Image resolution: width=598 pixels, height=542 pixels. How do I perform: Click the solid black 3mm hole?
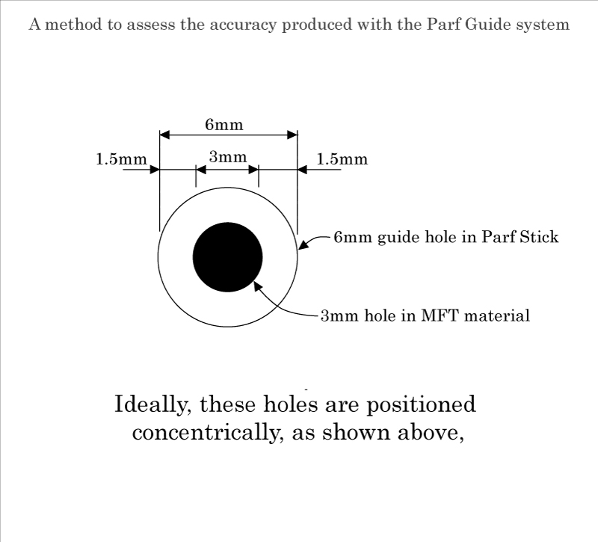(228, 257)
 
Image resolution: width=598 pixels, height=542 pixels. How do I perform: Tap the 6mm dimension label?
(224, 124)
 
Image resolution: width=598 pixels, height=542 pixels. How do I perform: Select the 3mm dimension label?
(227, 157)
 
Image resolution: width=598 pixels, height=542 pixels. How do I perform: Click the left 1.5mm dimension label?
(122, 159)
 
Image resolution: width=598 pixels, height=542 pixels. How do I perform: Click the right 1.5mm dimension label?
(342, 159)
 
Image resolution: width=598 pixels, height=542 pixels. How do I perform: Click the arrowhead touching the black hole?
(258, 285)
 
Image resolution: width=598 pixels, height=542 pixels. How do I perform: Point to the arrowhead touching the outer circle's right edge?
(303, 244)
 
